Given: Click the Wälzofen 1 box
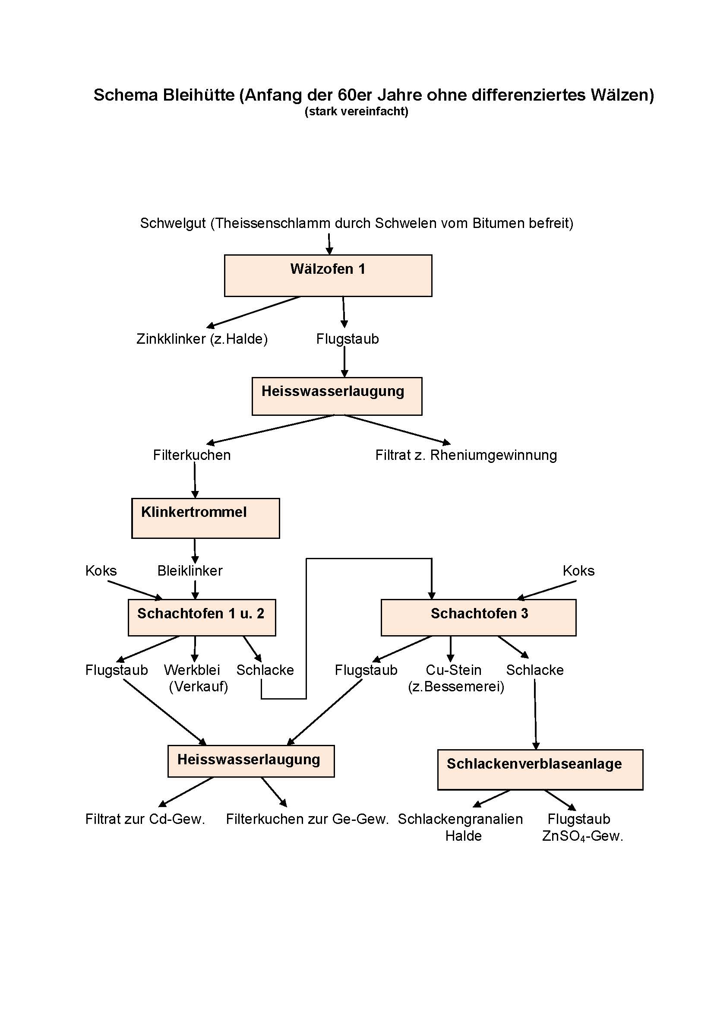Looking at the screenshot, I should click(328, 275).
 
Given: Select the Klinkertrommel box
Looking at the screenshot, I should click(205, 518).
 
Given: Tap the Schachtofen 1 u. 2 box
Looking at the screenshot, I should click(202, 617).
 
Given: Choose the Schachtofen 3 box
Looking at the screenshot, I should click(478, 617).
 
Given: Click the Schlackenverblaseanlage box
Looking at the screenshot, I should click(540, 769).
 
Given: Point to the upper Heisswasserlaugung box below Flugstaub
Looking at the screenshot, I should click(337, 396).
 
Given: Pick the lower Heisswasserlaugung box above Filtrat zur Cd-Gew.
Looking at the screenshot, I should click(251, 761).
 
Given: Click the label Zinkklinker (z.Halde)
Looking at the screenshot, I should click(202, 339).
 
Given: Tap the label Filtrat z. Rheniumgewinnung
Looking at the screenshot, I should click(466, 455).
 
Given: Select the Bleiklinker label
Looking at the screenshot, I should click(190, 570).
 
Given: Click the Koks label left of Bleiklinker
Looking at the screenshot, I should click(101, 570).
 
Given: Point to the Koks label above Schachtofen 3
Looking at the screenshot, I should click(578, 570).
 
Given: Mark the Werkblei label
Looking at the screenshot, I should click(192, 670).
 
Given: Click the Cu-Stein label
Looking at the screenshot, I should click(453, 670).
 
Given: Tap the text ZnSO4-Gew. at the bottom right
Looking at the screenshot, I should click(582, 836).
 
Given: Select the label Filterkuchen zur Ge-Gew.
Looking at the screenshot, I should click(307, 819).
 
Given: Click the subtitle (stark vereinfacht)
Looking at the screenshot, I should click(357, 111).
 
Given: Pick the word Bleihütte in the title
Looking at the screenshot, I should click(199, 95).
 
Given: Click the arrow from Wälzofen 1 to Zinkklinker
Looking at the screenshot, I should click(254, 311).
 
